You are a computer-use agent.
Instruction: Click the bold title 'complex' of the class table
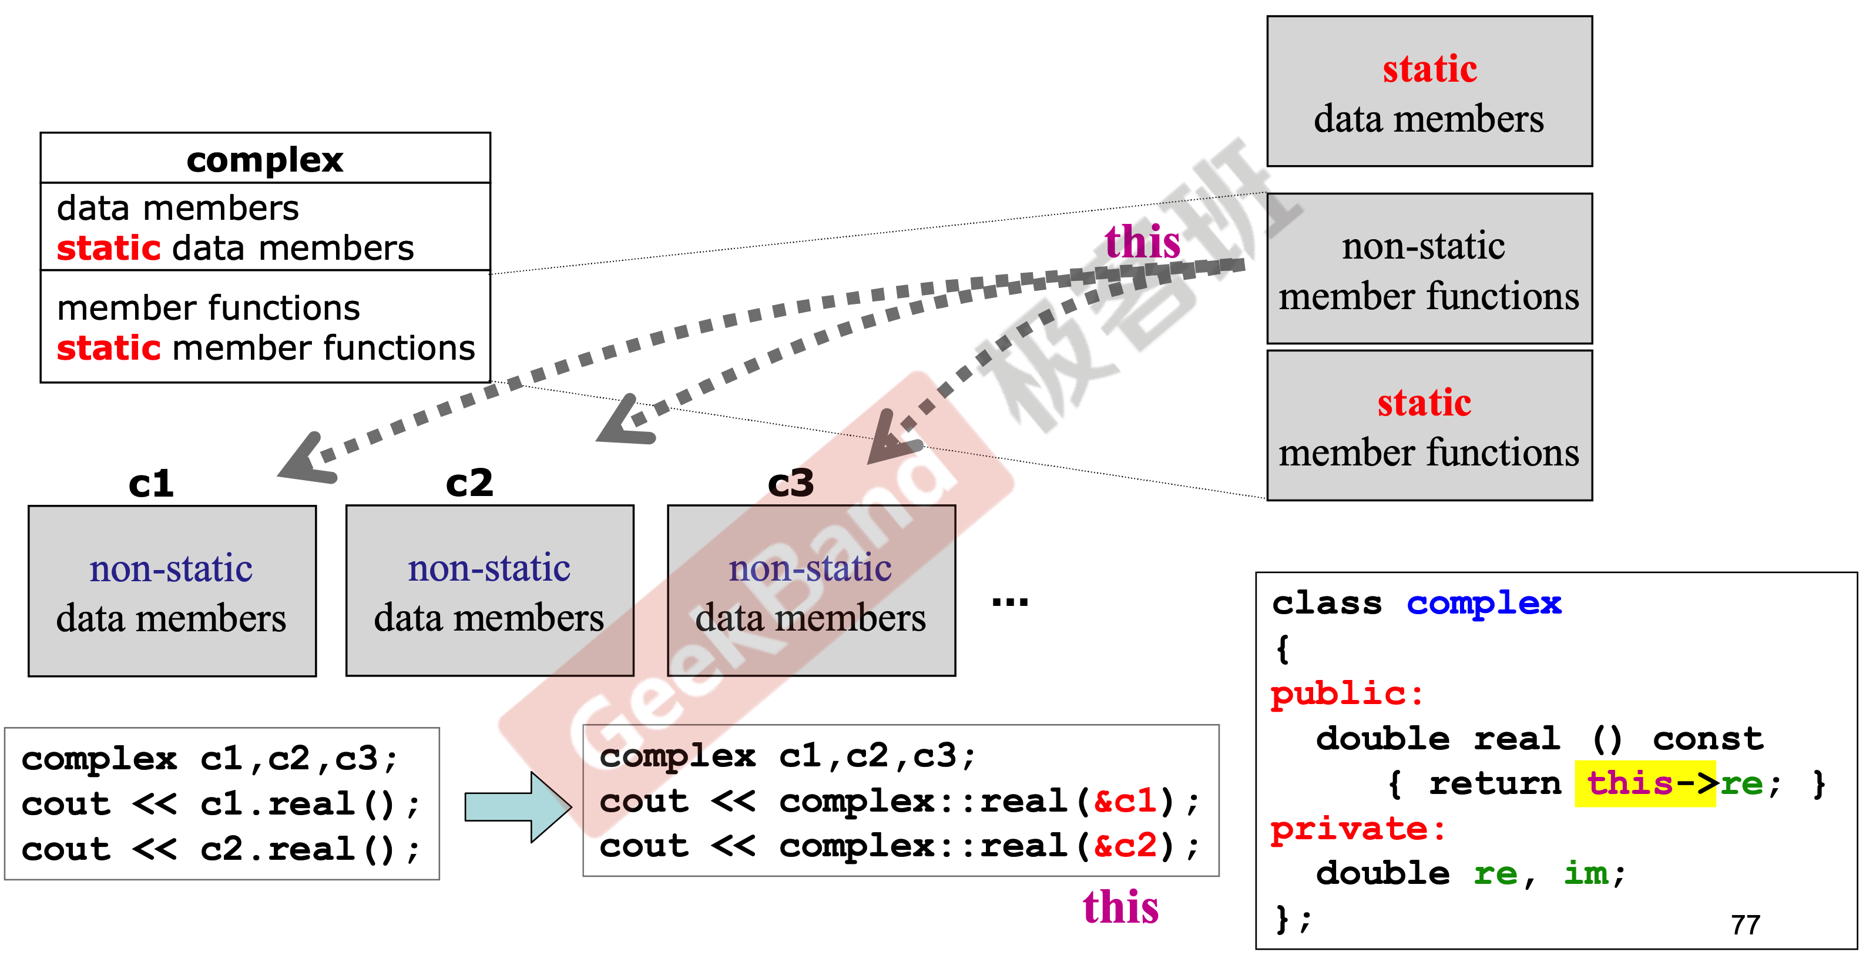click(x=264, y=160)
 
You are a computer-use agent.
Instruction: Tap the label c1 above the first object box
click(x=150, y=483)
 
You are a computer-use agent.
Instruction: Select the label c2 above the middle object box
click(x=469, y=482)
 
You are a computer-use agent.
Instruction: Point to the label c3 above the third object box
click(x=790, y=482)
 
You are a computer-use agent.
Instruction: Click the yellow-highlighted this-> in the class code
click(x=1645, y=783)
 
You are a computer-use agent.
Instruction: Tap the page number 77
click(x=1745, y=925)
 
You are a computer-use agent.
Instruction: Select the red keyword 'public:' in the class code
click(x=1347, y=693)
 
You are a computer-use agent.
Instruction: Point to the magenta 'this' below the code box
click(x=1120, y=907)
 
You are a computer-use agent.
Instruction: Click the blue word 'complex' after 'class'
click(x=1484, y=603)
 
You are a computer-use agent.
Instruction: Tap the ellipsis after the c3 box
click(x=1010, y=601)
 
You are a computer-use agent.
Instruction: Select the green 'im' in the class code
click(x=1586, y=873)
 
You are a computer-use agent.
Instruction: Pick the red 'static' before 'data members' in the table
click(x=108, y=249)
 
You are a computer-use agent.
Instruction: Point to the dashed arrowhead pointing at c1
click(x=304, y=461)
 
